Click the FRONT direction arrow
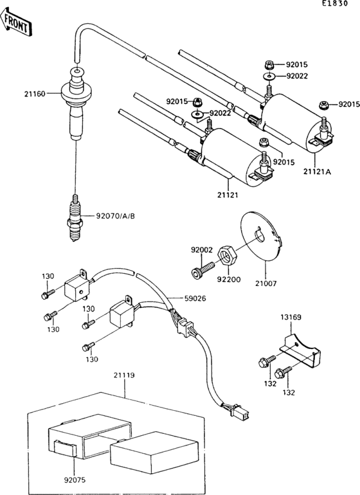coord(16,21)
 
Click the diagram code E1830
coord(335,3)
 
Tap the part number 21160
coord(35,94)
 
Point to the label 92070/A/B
coord(116,216)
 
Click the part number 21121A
coord(317,172)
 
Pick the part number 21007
coord(266,283)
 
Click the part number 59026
coord(195,298)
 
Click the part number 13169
coord(291,317)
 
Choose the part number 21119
coord(124,375)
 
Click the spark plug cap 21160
coord(76,101)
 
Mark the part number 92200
coord(230,280)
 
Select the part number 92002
coord(201,250)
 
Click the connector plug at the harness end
coord(242,411)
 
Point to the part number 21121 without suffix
coord(228,195)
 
